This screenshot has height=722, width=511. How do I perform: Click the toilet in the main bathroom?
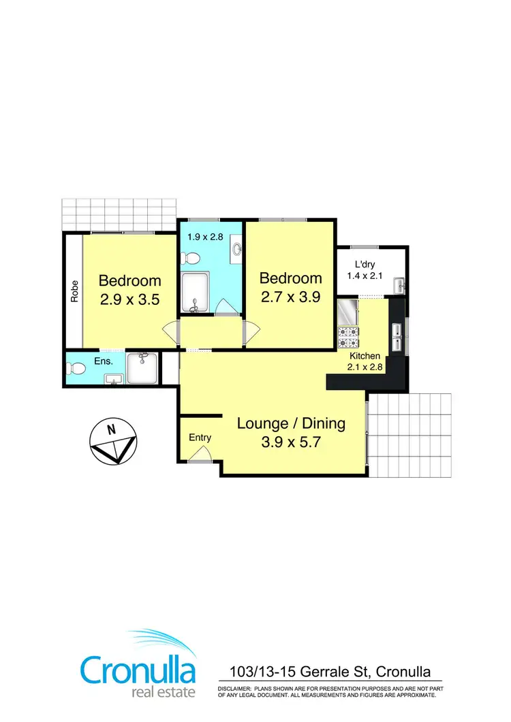pyautogui.click(x=190, y=259)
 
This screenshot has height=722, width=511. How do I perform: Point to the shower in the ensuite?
pyautogui.click(x=142, y=368)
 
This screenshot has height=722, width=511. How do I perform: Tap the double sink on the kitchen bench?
pyautogui.click(x=397, y=333)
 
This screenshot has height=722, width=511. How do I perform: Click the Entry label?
pyautogui.click(x=200, y=438)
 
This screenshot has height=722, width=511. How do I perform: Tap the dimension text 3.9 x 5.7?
pyautogui.click(x=291, y=441)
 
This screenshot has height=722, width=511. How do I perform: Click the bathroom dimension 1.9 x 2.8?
pyautogui.click(x=204, y=237)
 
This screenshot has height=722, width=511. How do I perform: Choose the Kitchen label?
pyautogui.click(x=365, y=356)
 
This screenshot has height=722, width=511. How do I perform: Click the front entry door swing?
pyautogui.click(x=200, y=458)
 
